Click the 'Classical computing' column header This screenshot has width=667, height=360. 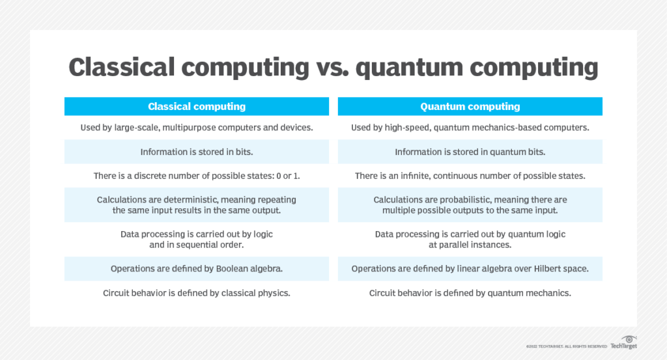(197, 106)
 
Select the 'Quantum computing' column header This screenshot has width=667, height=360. (470, 106)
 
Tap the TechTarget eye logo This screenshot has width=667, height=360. (629, 340)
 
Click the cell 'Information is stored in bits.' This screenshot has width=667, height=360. (197, 152)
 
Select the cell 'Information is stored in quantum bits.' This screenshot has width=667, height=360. (470, 152)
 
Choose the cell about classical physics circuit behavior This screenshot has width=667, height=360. (197, 293)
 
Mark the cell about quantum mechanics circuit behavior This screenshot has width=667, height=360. (470, 293)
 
